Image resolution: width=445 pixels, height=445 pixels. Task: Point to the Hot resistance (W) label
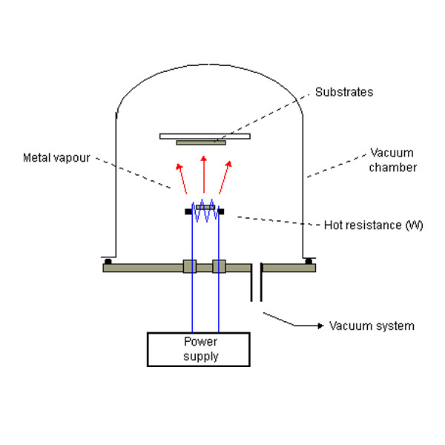[373, 225]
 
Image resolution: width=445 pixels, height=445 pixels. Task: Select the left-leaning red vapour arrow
[180, 177]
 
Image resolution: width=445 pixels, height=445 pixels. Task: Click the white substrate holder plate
[205, 136]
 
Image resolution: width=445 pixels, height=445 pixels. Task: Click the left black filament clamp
[188, 212]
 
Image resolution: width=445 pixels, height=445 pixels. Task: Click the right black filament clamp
[222, 212]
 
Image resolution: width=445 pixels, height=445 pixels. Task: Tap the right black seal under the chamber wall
[307, 260]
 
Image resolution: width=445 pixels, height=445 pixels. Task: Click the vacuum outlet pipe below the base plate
[255, 286]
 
